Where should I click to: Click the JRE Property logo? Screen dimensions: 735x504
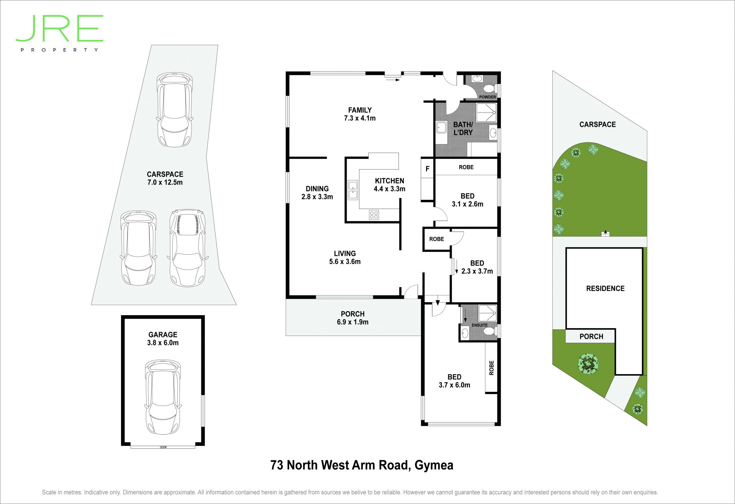(x=59, y=33)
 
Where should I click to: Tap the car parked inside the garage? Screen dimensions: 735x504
(x=163, y=397)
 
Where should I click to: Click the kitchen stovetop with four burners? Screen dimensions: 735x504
(x=374, y=215)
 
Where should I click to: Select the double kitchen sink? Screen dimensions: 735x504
(x=353, y=190)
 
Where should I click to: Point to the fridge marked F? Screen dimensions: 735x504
(x=427, y=169)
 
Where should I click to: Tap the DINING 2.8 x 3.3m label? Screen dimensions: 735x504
(x=317, y=193)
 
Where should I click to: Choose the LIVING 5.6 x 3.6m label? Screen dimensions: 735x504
(x=345, y=257)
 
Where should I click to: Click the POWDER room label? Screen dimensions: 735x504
(x=487, y=97)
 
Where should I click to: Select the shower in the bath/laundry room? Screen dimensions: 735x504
(x=486, y=113)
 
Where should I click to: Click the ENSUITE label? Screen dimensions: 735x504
(x=480, y=325)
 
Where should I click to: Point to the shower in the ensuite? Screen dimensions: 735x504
(x=488, y=313)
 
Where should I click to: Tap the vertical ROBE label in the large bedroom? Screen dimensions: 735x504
(x=492, y=368)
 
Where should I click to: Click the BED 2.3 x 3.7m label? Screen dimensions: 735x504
(x=477, y=267)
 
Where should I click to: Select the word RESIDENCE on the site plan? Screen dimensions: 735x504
(x=605, y=288)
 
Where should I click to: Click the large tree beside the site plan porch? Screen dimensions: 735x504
(x=588, y=363)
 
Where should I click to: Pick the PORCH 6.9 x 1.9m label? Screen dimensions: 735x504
(x=353, y=318)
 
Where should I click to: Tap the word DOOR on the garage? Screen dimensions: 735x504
(x=163, y=447)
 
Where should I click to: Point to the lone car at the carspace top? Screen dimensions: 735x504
(x=175, y=110)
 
